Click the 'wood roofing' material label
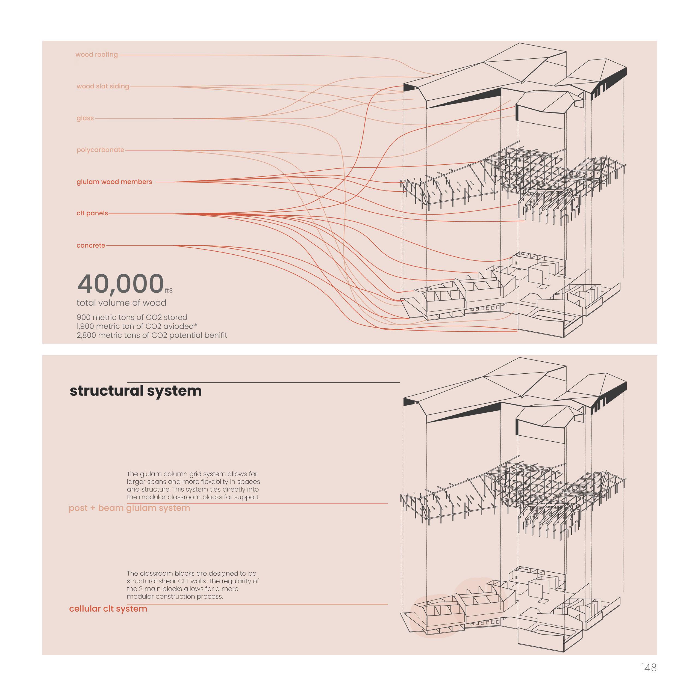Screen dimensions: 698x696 pyautogui.click(x=96, y=55)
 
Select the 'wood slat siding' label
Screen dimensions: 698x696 pyautogui.click(x=103, y=86)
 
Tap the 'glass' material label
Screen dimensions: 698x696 pyautogui.click(x=85, y=118)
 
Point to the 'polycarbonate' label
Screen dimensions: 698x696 pyautogui.click(x=100, y=150)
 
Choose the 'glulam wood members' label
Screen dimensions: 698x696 pyautogui.click(x=114, y=182)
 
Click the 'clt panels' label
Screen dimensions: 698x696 pyautogui.click(x=92, y=213)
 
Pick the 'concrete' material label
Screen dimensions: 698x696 pyautogui.click(x=91, y=245)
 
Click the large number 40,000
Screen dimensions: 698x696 pyautogui.click(x=120, y=284)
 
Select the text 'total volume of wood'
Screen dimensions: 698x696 pyautogui.click(x=121, y=303)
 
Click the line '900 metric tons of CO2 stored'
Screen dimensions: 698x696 pyautogui.click(x=132, y=317)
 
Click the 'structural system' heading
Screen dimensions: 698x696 pyautogui.click(x=136, y=391)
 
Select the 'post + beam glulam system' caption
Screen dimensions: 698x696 pyautogui.click(x=129, y=508)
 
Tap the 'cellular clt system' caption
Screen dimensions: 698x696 pyautogui.click(x=108, y=609)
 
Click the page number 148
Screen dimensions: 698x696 pyautogui.click(x=649, y=668)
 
